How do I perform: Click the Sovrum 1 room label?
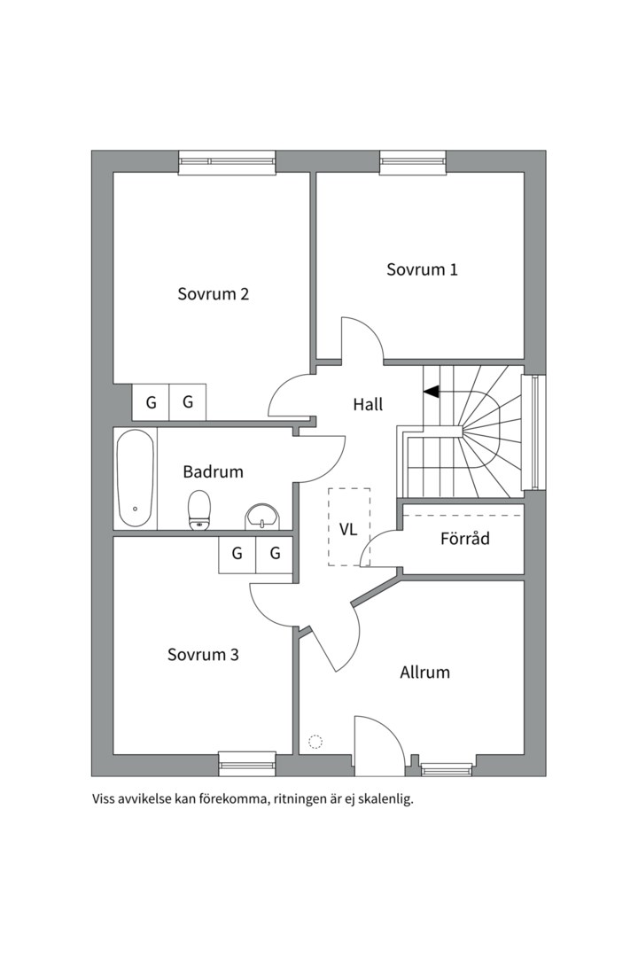point(422,269)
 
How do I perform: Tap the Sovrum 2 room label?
point(213,293)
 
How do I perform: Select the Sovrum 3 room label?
point(203,654)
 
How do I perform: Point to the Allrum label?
point(425,672)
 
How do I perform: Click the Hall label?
point(368,404)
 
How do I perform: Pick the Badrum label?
point(213,471)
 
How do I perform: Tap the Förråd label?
point(464,539)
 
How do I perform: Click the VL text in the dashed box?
point(348,529)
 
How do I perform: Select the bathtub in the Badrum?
point(136,478)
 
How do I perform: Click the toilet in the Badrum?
point(199,510)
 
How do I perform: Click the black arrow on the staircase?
point(431,392)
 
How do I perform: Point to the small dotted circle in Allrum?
point(315,743)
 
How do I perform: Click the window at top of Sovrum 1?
point(413,161)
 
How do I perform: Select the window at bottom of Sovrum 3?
point(247,765)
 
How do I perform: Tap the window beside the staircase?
point(533,432)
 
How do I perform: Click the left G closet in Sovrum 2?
point(151,402)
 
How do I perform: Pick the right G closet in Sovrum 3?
point(275,555)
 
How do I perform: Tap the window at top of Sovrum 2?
point(227,161)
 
